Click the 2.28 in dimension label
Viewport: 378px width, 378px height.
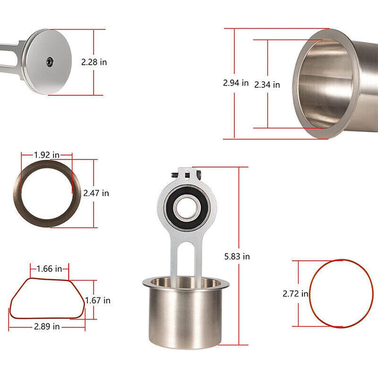94,62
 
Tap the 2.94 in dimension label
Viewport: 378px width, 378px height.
235,83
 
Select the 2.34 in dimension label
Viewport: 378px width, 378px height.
267,84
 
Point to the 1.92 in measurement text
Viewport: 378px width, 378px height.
46,155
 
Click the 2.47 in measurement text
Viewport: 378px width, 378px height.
96,193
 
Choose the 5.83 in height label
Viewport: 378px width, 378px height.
237,256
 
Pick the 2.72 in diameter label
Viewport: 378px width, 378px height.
295,294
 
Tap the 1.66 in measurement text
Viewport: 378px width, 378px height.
50,268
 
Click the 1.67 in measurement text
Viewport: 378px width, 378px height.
98,300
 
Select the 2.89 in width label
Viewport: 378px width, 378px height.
46,327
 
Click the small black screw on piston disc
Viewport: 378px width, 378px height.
49,62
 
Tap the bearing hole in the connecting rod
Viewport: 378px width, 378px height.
187,208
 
